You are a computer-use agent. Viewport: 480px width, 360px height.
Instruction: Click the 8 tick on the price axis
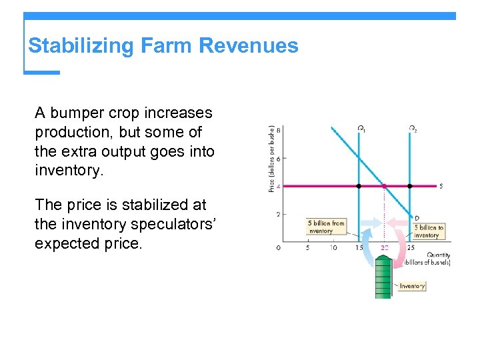(278, 130)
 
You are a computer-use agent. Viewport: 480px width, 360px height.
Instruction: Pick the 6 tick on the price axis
(278, 158)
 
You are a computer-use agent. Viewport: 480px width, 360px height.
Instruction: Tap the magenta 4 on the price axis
(278, 186)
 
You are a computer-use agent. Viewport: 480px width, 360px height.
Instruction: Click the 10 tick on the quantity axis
(333, 248)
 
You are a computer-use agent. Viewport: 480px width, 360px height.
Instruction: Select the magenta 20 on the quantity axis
(384, 248)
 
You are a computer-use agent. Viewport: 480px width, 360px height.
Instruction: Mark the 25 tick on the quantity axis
(410, 248)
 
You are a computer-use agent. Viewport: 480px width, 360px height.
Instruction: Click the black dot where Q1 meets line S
(359, 186)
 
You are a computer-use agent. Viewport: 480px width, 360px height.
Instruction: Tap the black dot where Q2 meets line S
(409, 186)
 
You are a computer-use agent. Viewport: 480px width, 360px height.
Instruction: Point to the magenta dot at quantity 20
(384, 186)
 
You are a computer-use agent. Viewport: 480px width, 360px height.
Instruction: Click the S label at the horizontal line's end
(441, 186)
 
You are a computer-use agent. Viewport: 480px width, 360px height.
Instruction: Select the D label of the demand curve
(417, 218)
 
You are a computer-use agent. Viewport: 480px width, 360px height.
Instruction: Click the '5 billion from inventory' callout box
(326, 227)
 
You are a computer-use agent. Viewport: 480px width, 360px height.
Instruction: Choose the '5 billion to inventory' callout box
(427, 231)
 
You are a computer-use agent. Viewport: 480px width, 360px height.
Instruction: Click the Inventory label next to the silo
(412, 286)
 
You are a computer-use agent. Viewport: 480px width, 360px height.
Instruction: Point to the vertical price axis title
(271, 159)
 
